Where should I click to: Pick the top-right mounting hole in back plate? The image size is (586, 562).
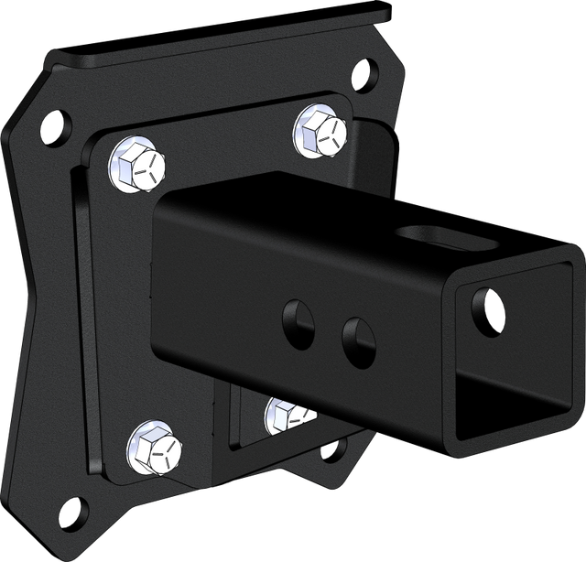(364, 70)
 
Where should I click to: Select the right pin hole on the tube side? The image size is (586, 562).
(358, 338)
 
